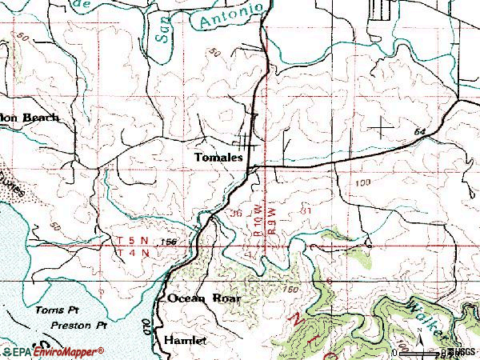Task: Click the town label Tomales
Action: (218, 158)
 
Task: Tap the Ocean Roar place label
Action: (203, 298)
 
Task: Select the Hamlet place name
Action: (185, 340)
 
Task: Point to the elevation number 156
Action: (166, 242)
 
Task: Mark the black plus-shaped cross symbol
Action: (382, 126)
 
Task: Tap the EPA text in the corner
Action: (16, 351)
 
